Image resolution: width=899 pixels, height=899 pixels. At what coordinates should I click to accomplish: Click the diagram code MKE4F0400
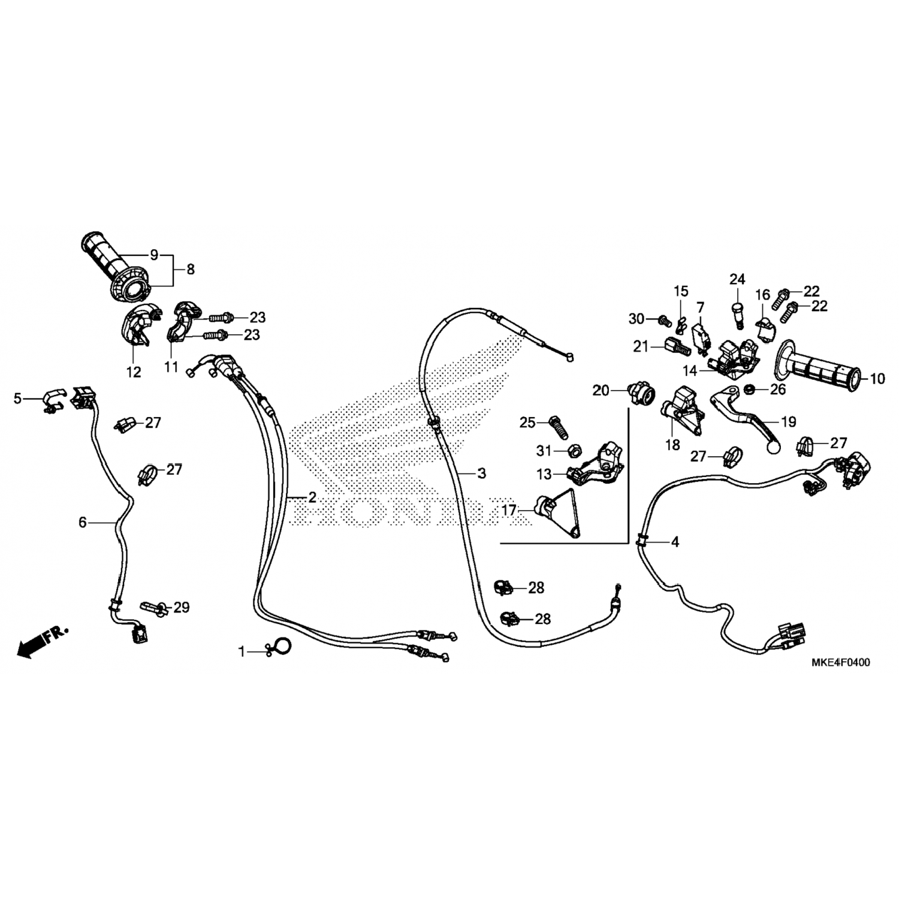pos(840,662)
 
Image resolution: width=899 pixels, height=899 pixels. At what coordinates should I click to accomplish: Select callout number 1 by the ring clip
pos(242,651)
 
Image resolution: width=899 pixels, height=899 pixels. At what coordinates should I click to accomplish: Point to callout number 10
pos(877,379)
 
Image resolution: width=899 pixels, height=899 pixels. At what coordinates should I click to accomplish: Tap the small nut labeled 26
pos(749,390)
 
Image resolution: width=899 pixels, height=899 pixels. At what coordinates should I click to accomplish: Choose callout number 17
pos(509,511)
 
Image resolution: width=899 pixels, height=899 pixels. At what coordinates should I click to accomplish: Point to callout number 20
pos(601,391)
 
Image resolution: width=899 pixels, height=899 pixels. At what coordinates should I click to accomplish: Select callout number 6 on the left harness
pos(83,523)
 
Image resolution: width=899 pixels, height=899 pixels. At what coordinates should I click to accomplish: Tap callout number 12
pos(134,372)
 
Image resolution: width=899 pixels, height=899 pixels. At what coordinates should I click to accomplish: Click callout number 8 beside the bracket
pos(191,270)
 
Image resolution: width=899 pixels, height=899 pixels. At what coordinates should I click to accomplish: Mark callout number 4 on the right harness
pos(675,542)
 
